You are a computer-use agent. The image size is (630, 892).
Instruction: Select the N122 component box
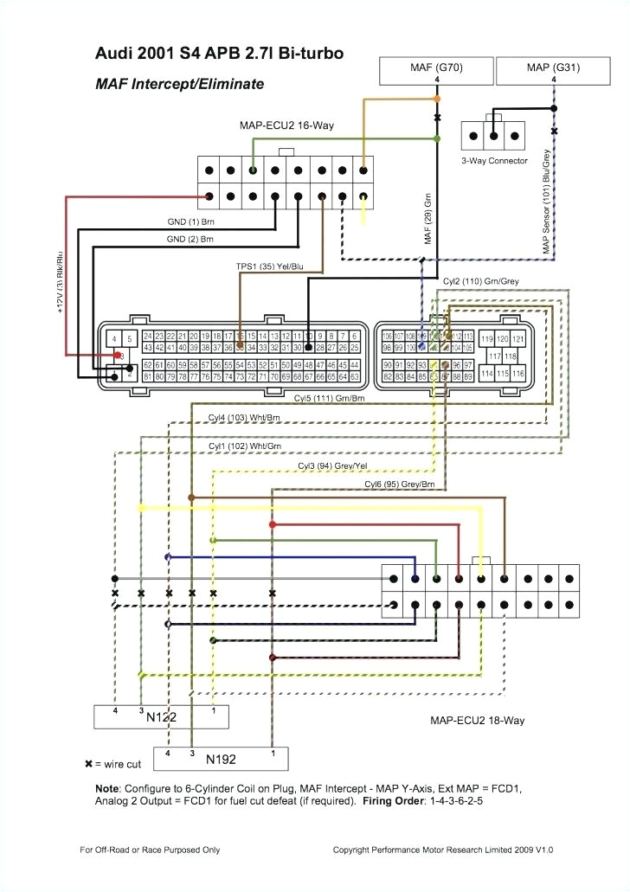[x=161, y=716]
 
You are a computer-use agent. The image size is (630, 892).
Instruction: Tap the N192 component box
[x=222, y=760]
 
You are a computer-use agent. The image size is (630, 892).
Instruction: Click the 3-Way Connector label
[x=493, y=161]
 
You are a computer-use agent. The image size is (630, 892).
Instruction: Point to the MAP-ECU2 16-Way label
[x=286, y=126]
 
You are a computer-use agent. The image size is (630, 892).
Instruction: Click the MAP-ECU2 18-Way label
[x=477, y=720]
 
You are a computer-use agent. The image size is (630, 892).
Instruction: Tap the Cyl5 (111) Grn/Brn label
[x=329, y=399]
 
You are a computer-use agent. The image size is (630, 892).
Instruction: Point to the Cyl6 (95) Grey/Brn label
[x=399, y=484]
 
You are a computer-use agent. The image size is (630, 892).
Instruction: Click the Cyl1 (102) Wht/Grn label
[x=244, y=446]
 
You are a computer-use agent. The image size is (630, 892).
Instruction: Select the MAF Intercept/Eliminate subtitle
[x=179, y=85]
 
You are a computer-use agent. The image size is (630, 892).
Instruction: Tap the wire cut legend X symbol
[x=88, y=765]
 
